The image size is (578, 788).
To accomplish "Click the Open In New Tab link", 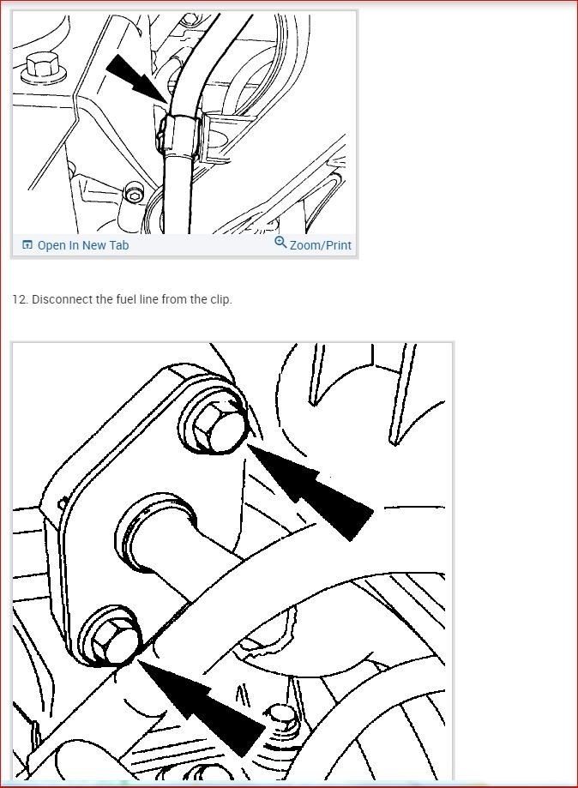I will click(82, 245).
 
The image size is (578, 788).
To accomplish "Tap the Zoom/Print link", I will click(320, 245).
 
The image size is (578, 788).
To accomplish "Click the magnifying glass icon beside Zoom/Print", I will click(280, 244).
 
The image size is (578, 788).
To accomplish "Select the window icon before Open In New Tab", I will click(27, 245).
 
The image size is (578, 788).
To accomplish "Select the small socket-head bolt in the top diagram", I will click(132, 195).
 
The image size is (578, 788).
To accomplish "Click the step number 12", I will click(20, 300).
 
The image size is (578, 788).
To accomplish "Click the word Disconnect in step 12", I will click(60, 300).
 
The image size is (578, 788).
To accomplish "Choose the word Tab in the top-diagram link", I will click(117, 245).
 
